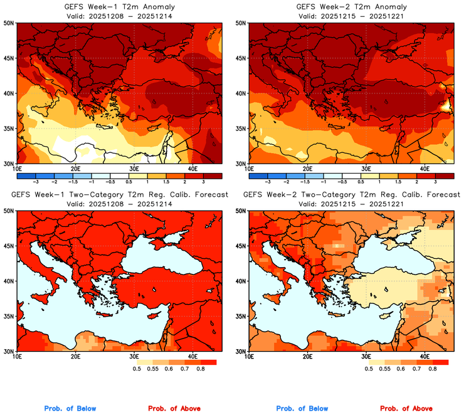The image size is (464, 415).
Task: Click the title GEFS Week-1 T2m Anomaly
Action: point(120,7)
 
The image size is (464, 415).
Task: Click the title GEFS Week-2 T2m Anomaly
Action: point(352,7)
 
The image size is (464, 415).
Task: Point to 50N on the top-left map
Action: point(9,23)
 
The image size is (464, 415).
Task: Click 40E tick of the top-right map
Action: point(424,169)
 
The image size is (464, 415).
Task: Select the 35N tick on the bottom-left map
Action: point(9,317)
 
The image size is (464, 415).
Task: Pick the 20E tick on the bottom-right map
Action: point(307,357)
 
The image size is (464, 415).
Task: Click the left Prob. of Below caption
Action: point(70,409)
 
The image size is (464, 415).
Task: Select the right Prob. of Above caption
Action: point(406,409)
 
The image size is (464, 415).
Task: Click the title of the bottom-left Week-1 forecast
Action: point(120,195)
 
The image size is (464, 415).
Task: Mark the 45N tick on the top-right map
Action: point(241,58)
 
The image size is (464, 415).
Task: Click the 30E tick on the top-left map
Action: point(134,169)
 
